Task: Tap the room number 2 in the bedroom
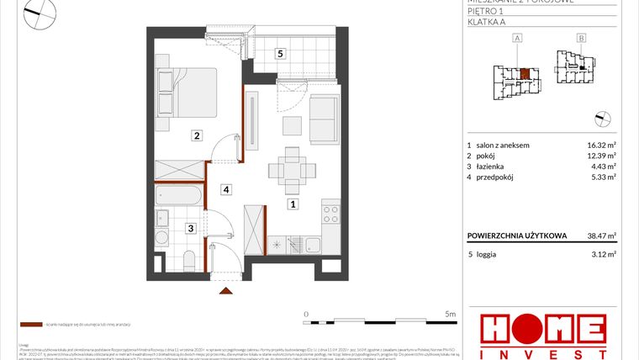(195, 135)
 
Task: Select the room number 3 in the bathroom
(191, 227)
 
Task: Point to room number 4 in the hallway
(226, 189)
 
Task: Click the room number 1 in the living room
(293, 204)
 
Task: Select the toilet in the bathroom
(189, 257)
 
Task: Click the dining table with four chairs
(291, 168)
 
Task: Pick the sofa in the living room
(325, 119)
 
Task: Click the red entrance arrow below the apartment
(226, 291)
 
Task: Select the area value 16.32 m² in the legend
(600, 145)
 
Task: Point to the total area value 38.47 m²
(600, 236)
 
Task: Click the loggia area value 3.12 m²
(603, 253)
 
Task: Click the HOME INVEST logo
(542, 334)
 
